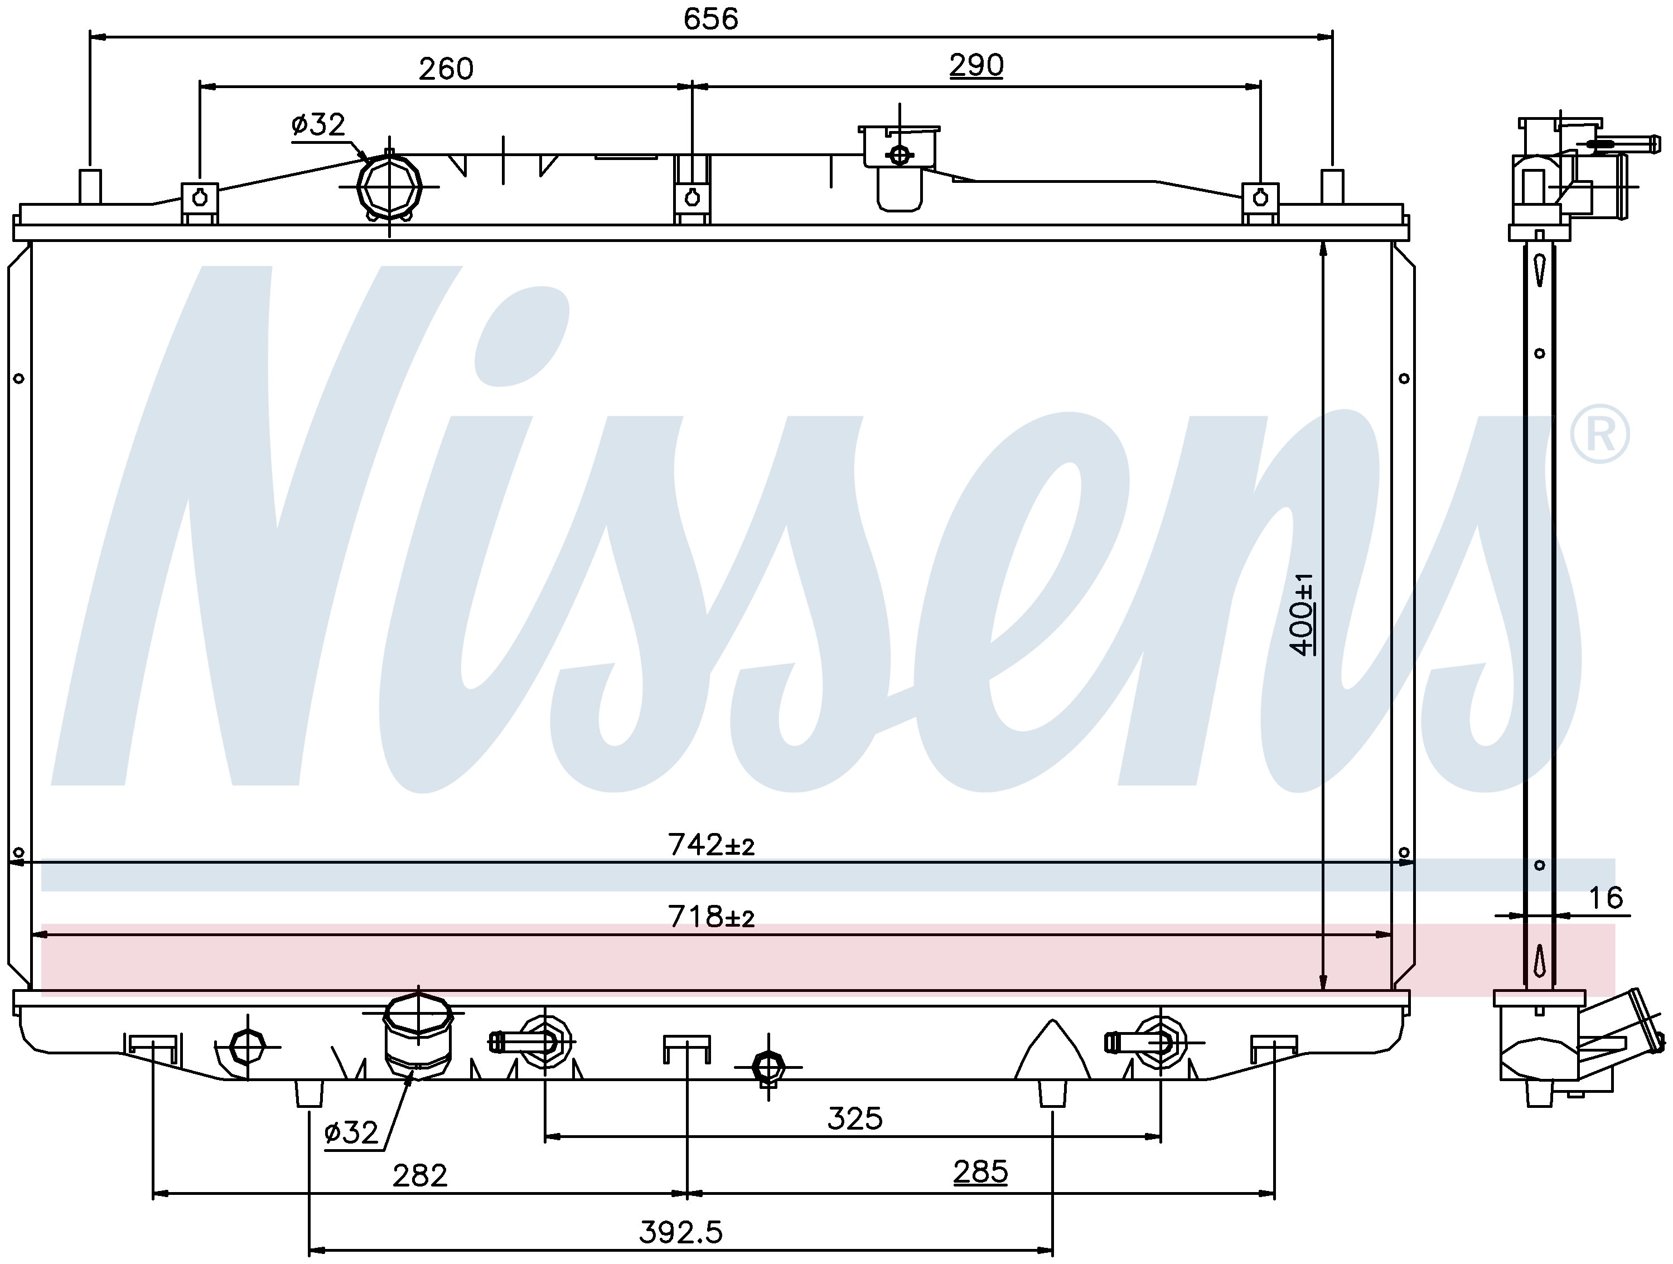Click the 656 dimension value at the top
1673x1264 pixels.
click(x=710, y=19)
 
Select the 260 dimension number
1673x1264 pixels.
click(x=446, y=69)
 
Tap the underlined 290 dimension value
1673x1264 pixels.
click(x=976, y=66)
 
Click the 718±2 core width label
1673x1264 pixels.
click(x=711, y=917)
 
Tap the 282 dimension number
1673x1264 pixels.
click(x=420, y=1175)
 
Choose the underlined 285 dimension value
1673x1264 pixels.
click(x=980, y=1173)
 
